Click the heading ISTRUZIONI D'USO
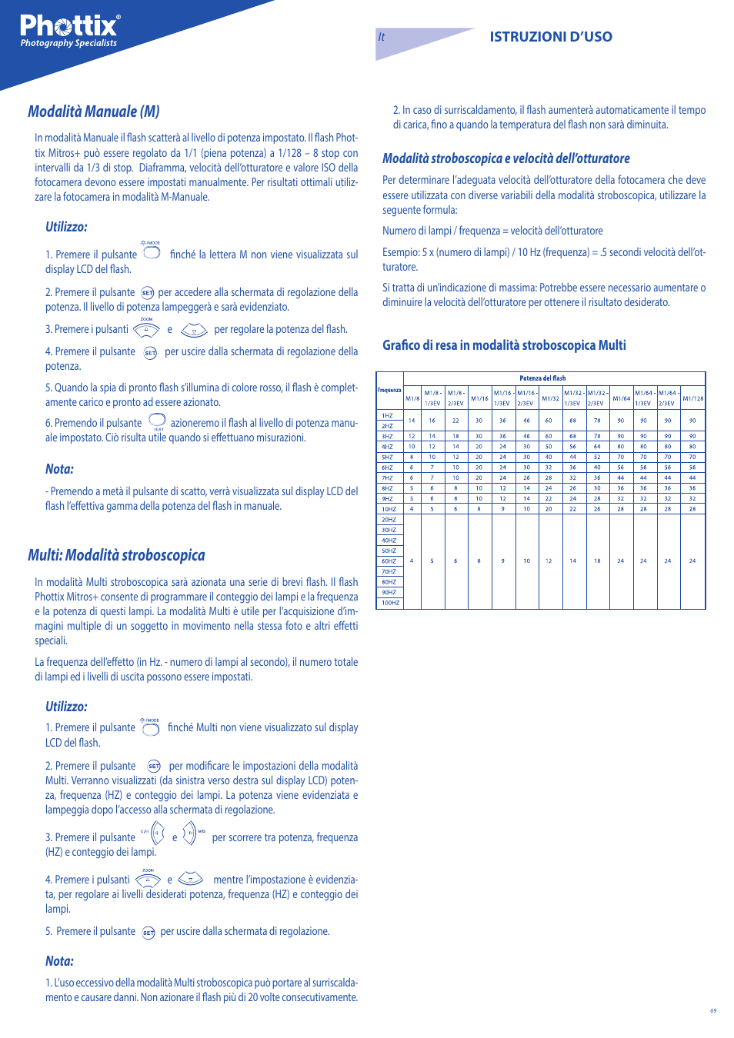551,37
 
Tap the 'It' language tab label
382,37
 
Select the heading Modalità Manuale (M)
94,111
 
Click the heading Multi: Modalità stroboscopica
116,555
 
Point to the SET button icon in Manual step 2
147,293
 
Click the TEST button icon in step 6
157,421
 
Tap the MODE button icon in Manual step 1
152,252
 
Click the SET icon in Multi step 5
148,933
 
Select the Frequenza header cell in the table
389,391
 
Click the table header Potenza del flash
542,378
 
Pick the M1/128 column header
692,398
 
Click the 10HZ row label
389,509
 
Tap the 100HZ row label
390,603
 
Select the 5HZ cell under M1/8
412,457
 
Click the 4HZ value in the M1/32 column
549,447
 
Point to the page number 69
713,1010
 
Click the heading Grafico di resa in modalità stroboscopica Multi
504,345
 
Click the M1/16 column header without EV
479,398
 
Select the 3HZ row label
388,436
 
